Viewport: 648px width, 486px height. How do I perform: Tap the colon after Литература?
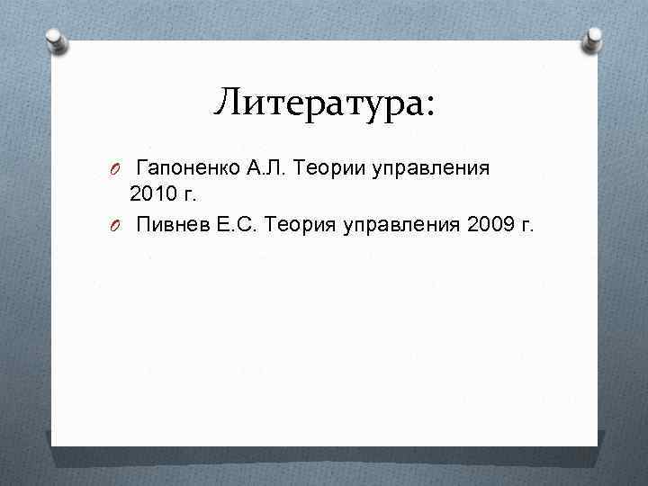coord(427,106)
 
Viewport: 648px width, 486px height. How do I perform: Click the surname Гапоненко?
coord(184,167)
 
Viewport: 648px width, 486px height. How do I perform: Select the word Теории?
coord(322,167)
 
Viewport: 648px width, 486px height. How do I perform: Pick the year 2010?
coord(156,193)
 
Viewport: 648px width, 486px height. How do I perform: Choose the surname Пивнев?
coord(174,223)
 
